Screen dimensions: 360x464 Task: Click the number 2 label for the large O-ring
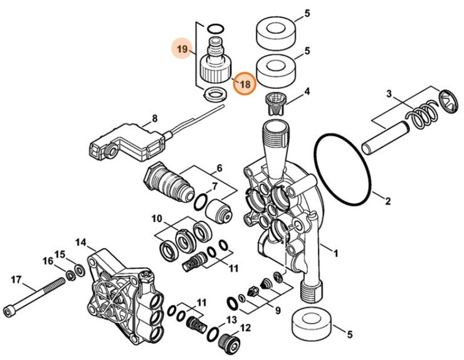pyautogui.click(x=387, y=201)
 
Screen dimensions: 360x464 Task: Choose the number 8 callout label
pyautogui.click(x=154, y=117)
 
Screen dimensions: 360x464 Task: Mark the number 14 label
pyautogui.click(x=80, y=242)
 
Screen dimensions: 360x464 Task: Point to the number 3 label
pyautogui.click(x=389, y=95)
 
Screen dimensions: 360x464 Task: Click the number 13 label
pyautogui.click(x=233, y=320)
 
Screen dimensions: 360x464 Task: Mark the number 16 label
pyautogui.click(x=48, y=261)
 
